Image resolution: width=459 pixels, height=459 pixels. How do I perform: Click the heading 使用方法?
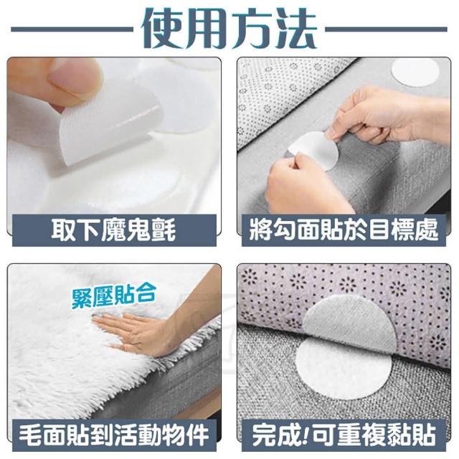[x=229, y=29]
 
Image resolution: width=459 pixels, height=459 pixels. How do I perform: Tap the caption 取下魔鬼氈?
[x=114, y=230]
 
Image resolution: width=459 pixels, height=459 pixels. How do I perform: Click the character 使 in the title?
[x=162, y=29]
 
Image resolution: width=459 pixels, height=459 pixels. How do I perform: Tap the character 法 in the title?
[x=295, y=29]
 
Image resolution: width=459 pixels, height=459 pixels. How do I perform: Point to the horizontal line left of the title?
[x=72, y=29]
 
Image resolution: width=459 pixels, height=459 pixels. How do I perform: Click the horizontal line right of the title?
[x=386, y=29]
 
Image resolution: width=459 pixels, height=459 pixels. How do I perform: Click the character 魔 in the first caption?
[x=114, y=230]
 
